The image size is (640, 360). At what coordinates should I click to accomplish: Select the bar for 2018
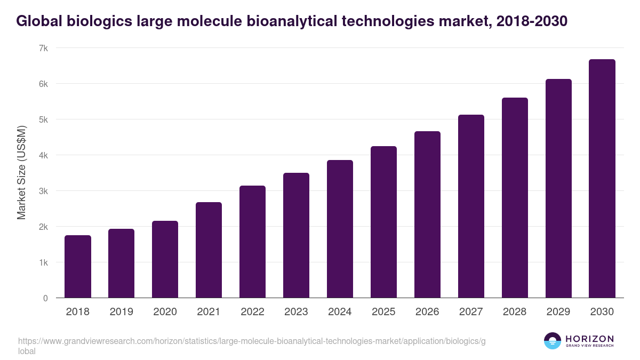tap(78, 267)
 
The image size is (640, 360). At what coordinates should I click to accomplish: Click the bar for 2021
tap(209, 250)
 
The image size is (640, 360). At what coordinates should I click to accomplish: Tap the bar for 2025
tap(383, 222)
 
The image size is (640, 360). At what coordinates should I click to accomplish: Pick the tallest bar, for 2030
tap(602, 179)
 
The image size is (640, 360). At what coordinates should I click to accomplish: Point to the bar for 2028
tap(515, 198)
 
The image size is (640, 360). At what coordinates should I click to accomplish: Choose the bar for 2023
tap(296, 235)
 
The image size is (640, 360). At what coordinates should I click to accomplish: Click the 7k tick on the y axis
tap(43, 48)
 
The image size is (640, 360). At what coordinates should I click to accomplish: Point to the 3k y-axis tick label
tap(43, 191)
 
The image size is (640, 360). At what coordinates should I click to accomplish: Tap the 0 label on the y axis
tap(46, 298)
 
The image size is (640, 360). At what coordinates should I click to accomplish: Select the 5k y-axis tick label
tap(43, 119)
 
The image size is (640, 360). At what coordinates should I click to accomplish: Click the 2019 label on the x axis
tap(122, 312)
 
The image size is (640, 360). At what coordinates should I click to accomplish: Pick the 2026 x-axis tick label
tap(427, 312)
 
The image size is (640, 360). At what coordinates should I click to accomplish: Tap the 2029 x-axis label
tap(558, 312)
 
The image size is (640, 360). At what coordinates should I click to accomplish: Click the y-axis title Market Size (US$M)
tap(21, 173)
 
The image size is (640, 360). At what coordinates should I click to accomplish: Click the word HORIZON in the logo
tap(589, 339)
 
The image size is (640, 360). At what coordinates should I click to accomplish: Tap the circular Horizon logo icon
tap(553, 341)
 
